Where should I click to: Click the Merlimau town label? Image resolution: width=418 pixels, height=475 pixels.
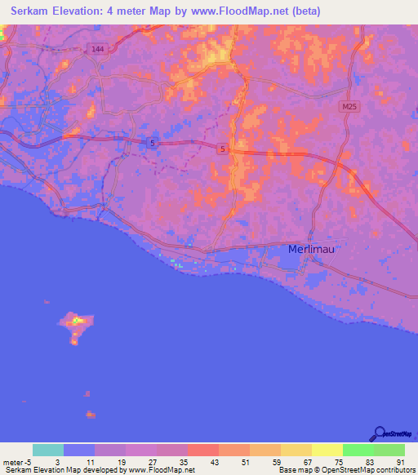click(x=312, y=249)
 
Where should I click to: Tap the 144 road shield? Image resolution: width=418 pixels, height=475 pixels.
click(x=98, y=49)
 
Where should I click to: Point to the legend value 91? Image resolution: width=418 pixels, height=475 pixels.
click(x=400, y=462)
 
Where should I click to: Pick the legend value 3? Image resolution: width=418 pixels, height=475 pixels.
click(x=57, y=462)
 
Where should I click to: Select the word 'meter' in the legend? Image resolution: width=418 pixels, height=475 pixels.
click(x=13, y=462)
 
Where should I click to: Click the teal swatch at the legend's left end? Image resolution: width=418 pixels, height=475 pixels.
click(x=48, y=450)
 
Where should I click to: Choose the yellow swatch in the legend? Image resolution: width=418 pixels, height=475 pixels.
click(x=327, y=450)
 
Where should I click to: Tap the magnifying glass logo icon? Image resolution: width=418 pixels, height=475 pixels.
click(x=378, y=433)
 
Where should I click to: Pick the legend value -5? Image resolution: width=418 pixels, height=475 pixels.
click(x=30, y=462)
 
